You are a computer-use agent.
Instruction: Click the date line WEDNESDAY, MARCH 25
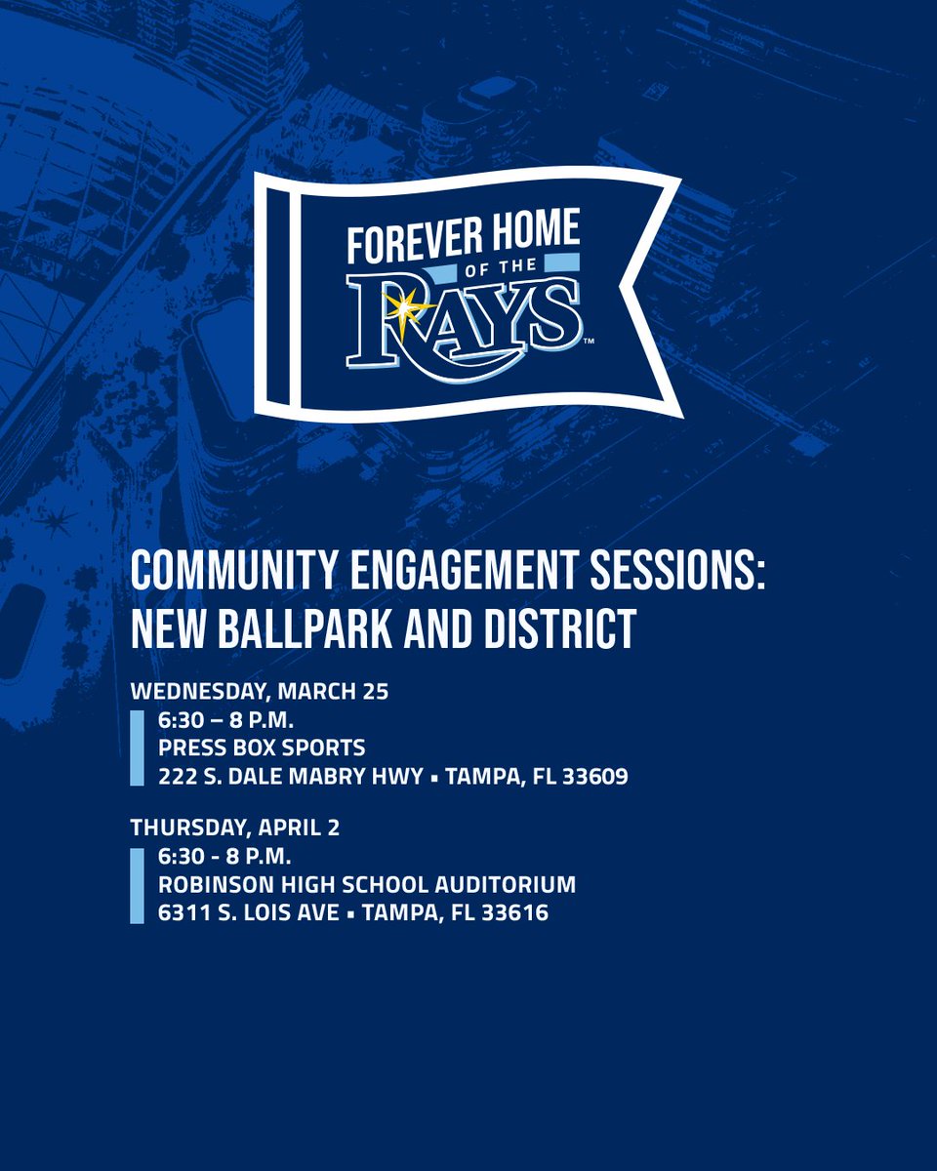[260, 692]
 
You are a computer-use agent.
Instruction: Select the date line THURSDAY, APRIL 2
[235, 828]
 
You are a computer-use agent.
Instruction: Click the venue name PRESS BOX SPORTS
[262, 748]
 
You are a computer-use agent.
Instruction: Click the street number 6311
[180, 913]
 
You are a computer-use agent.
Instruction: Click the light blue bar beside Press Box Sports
[137, 748]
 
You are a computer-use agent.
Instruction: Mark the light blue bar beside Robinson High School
[137, 885]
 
